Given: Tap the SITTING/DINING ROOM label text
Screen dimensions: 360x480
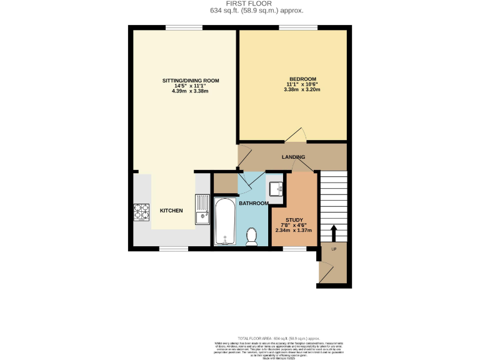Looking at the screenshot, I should pos(191,81).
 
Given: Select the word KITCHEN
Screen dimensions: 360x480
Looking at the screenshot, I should pos(171,211).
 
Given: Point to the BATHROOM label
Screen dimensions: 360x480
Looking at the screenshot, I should pos(253,203).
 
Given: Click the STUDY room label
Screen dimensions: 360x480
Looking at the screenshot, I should pos(294,220).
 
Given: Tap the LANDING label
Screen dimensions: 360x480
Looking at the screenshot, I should pos(293,157).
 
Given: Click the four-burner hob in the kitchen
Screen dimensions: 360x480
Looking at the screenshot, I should pos(141,212).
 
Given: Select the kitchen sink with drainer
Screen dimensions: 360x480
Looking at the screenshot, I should pos(201,209).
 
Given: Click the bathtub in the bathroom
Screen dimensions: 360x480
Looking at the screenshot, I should pos(224,222).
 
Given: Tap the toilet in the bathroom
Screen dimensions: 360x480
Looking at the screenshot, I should pos(252,236).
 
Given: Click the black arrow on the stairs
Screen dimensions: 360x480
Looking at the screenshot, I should pos(332,232).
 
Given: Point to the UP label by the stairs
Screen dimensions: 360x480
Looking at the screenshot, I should pos(334,249).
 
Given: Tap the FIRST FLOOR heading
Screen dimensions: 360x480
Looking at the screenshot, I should pos(239,4).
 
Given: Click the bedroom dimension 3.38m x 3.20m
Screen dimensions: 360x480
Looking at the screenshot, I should pos(302,90).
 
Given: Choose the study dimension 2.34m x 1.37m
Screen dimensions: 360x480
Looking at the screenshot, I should pos(294,231).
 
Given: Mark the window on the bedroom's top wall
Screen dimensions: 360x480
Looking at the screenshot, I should pos(297,27).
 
